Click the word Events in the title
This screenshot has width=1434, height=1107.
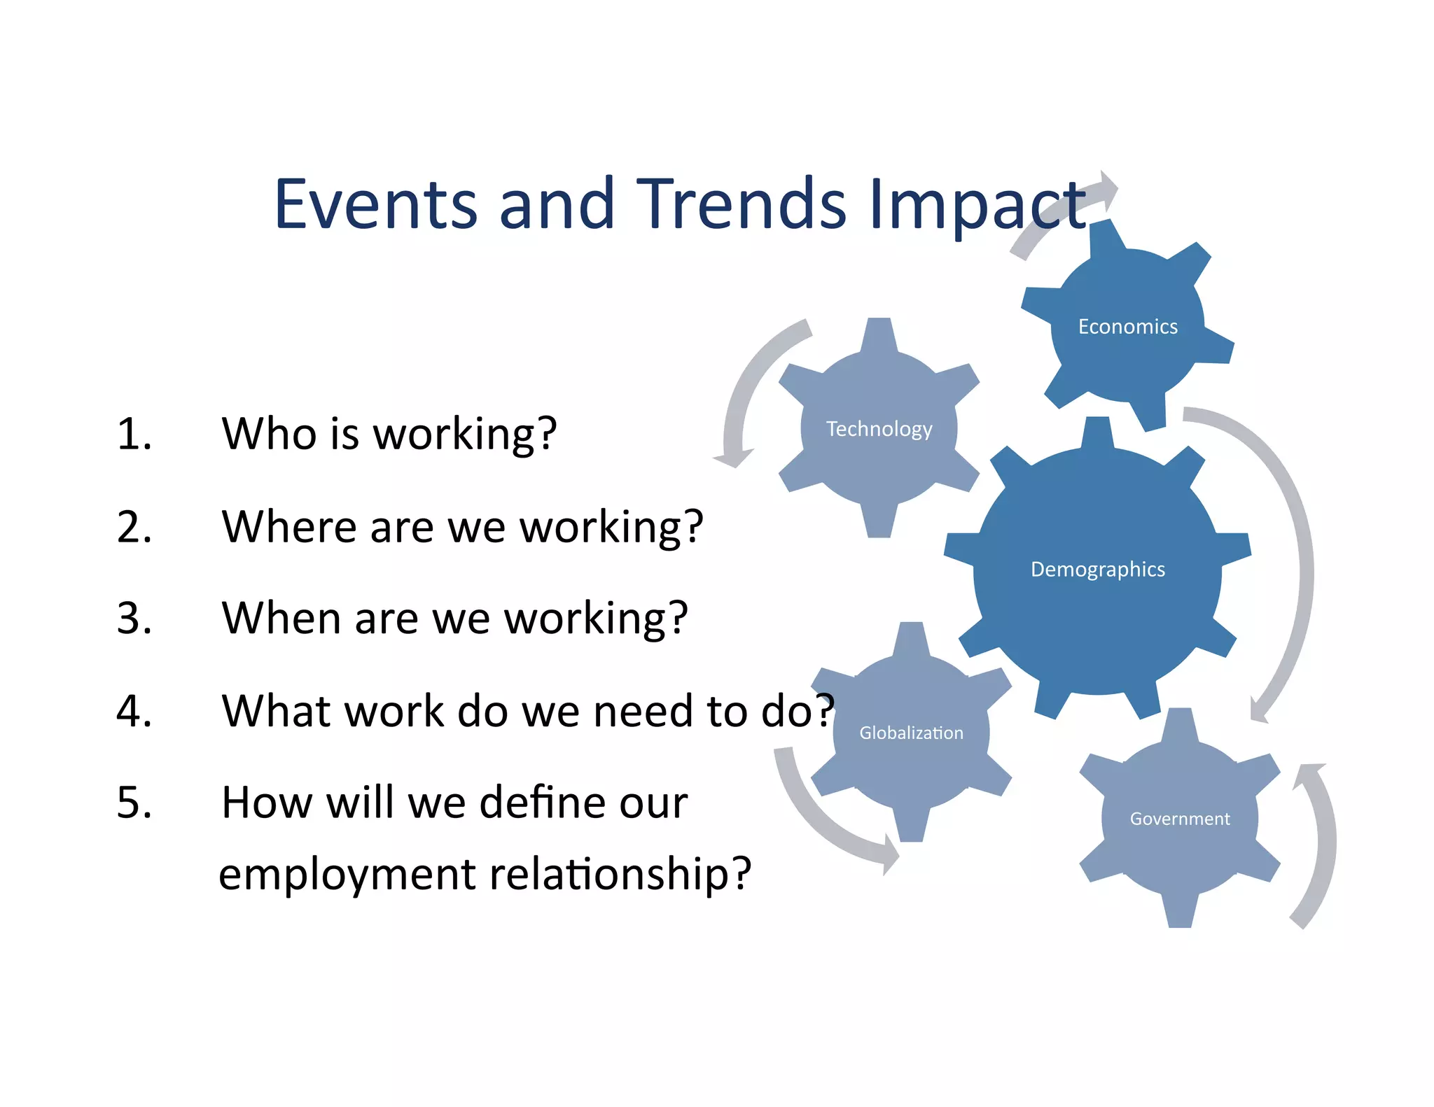click(375, 204)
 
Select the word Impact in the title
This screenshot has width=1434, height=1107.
click(976, 204)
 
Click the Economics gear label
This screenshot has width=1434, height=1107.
click(1127, 327)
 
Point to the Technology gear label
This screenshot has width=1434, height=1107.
click(879, 429)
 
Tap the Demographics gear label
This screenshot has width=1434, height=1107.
click(1097, 570)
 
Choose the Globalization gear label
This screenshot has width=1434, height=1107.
click(911, 733)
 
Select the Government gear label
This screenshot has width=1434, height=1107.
click(1179, 819)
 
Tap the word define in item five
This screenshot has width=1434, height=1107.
click(531, 803)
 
